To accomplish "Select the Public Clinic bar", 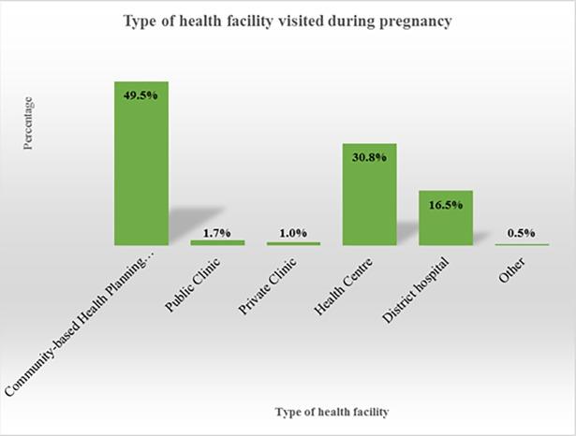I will [217, 242].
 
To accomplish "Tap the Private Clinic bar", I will [293, 243].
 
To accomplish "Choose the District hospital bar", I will [445, 218].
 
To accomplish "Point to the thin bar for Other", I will [522, 245].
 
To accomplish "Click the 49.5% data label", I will [140, 93].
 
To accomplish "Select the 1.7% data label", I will [217, 231].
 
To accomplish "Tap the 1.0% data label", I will [293, 233].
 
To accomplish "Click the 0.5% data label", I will [522, 234].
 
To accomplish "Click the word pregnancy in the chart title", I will [415, 22].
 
